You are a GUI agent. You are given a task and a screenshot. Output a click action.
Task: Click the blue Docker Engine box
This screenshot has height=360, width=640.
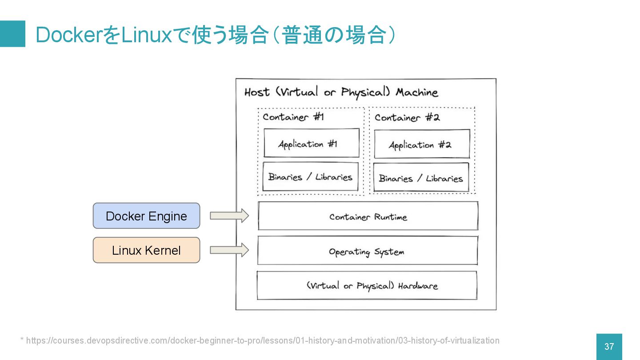point(146,216)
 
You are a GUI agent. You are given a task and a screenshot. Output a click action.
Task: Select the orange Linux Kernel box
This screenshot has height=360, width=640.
point(146,250)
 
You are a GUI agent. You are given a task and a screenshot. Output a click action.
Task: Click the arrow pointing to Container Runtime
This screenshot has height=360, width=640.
point(229,216)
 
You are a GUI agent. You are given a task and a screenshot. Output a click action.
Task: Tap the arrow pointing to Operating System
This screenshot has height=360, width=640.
point(229,250)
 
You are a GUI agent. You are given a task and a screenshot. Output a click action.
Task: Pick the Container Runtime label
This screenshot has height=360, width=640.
point(368,217)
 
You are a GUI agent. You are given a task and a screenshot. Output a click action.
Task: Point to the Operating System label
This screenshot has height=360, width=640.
point(367,252)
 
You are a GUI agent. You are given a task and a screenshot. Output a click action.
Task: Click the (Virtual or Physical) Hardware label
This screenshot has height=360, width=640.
point(372,286)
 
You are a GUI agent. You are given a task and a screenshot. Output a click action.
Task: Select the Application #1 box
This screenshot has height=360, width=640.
point(312,143)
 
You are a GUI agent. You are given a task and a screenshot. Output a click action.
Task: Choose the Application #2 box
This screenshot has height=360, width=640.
point(422,144)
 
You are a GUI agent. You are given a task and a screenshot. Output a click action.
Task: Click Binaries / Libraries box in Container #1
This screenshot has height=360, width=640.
point(310,176)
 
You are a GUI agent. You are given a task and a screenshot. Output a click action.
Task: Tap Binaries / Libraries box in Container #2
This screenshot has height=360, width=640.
point(421,177)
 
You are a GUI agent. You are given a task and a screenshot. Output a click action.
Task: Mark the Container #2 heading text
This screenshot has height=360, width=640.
point(407,118)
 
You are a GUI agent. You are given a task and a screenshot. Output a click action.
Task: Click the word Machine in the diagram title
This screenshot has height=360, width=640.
point(417,92)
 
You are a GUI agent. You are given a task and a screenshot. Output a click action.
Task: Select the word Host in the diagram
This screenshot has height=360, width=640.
point(257,92)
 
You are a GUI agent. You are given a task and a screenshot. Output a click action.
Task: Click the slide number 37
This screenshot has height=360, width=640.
point(609,347)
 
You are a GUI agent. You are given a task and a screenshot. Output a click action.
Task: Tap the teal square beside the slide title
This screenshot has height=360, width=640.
point(12,34)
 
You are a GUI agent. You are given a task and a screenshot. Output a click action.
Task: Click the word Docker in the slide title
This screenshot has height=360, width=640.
point(69,35)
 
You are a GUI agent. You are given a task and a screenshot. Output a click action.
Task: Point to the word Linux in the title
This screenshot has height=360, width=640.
point(147,35)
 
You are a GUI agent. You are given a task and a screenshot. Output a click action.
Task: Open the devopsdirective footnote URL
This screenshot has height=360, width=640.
point(263,340)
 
